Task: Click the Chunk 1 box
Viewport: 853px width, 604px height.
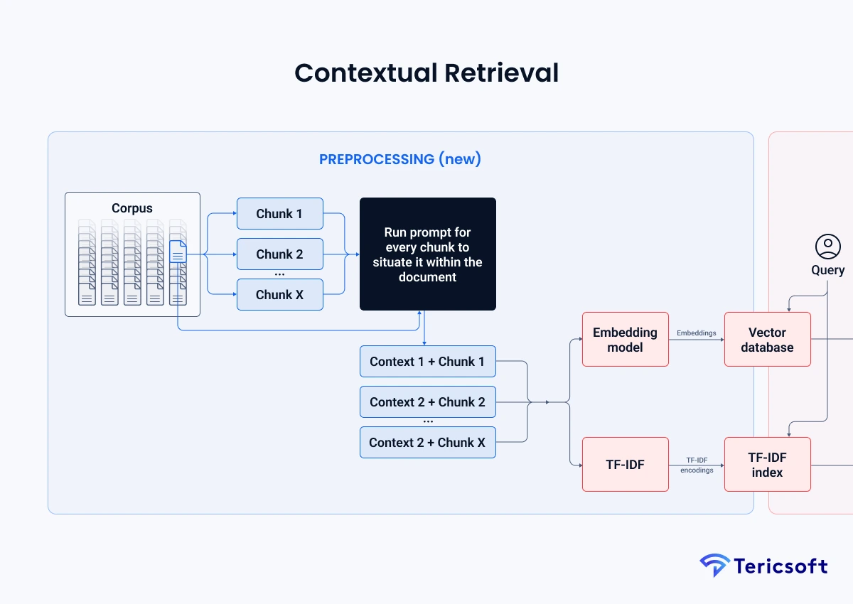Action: point(279,214)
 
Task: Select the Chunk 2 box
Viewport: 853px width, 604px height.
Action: point(279,254)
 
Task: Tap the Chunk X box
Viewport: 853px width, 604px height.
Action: point(279,295)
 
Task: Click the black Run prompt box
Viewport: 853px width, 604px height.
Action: point(427,254)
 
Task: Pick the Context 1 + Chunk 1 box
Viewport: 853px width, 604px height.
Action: point(427,362)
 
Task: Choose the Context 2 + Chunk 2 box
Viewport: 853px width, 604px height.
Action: point(427,402)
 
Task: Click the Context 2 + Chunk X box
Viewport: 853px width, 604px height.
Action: point(427,443)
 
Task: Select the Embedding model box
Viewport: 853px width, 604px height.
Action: point(625,340)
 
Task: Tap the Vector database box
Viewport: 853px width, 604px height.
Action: point(767,340)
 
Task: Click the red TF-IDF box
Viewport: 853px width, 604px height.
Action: point(625,465)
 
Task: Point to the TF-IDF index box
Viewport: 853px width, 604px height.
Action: point(767,465)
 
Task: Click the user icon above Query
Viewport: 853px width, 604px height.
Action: point(827,247)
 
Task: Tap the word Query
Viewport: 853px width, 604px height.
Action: point(827,270)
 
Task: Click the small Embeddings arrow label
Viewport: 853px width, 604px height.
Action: point(696,333)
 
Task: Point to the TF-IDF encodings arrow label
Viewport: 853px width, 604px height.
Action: point(696,465)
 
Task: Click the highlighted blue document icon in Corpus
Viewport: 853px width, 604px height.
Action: point(178,252)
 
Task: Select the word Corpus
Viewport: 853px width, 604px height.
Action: point(132,208)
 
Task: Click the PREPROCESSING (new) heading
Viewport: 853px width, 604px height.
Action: point(400,159)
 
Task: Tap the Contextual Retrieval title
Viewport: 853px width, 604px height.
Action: point(426,73)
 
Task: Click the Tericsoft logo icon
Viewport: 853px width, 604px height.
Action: point(714,566)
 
